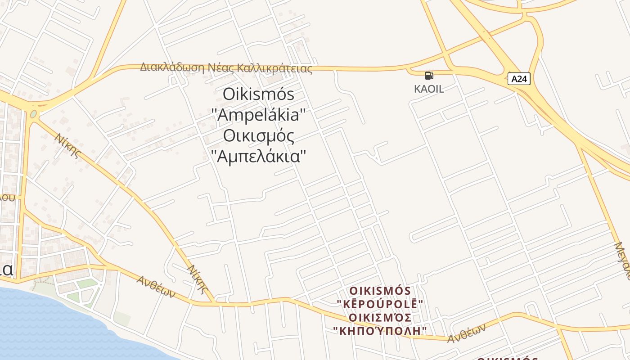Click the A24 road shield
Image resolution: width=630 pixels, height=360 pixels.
tap(519, 79)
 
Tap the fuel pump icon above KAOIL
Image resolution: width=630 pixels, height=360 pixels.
tap(429, 76)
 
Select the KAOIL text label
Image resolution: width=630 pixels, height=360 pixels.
tap(429, 89)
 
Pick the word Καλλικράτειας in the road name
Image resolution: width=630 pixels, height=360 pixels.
tap(274, 68)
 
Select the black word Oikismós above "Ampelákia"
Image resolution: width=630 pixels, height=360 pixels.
tap(258, 94)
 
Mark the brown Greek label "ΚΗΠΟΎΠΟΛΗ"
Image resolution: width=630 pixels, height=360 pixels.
tap(380, 331)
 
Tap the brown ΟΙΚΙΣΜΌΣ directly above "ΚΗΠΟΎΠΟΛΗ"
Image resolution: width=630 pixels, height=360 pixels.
tap(380, 318)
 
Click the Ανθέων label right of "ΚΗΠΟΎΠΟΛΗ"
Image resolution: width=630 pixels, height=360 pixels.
tap(467, 333)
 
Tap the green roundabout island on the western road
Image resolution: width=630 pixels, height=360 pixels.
tap(33, 114)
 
